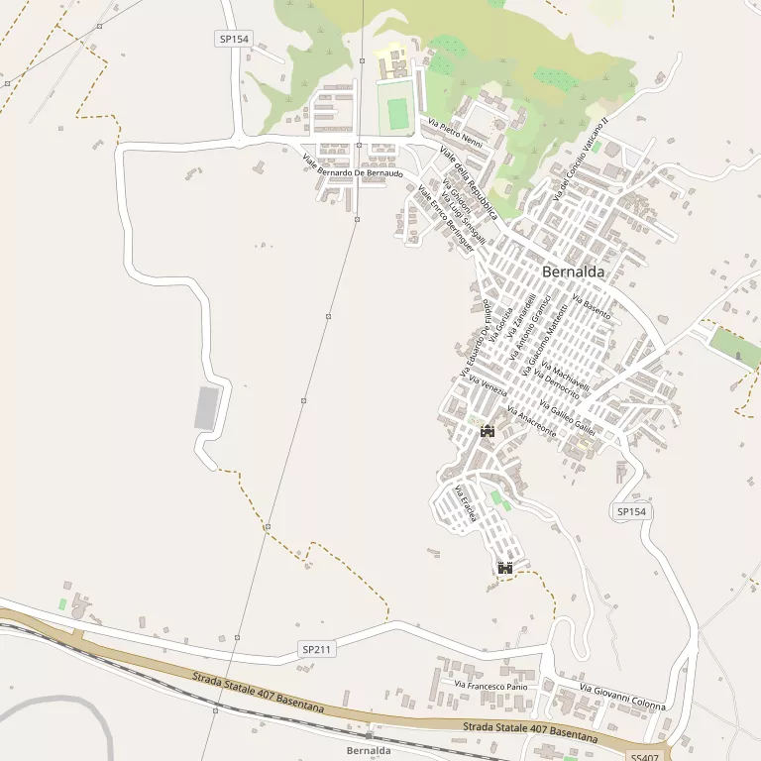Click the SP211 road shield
(x=316, y=649)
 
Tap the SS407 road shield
(x=643, y=757)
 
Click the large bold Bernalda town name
(x=573, y=272)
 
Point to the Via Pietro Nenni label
(x=456, y=134)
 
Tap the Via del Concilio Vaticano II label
(x=580, y=167)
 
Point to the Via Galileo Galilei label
(x=568, y=414)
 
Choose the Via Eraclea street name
(x=465, y=504)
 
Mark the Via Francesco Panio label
(x=490, y=685)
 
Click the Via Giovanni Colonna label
(x=622, y=697)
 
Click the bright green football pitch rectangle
(x=397, y=113)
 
